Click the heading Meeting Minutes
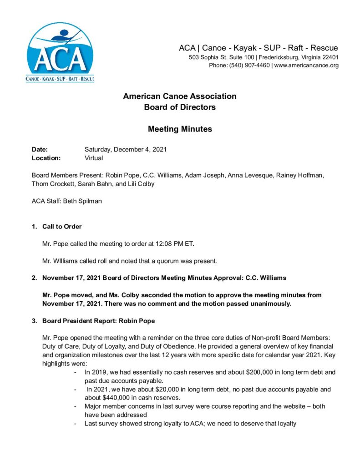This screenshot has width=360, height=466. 180,129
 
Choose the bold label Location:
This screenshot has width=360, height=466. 46,158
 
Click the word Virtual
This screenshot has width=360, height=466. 94,158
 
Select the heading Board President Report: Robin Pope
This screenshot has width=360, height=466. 98,321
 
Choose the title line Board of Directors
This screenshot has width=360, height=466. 180,107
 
